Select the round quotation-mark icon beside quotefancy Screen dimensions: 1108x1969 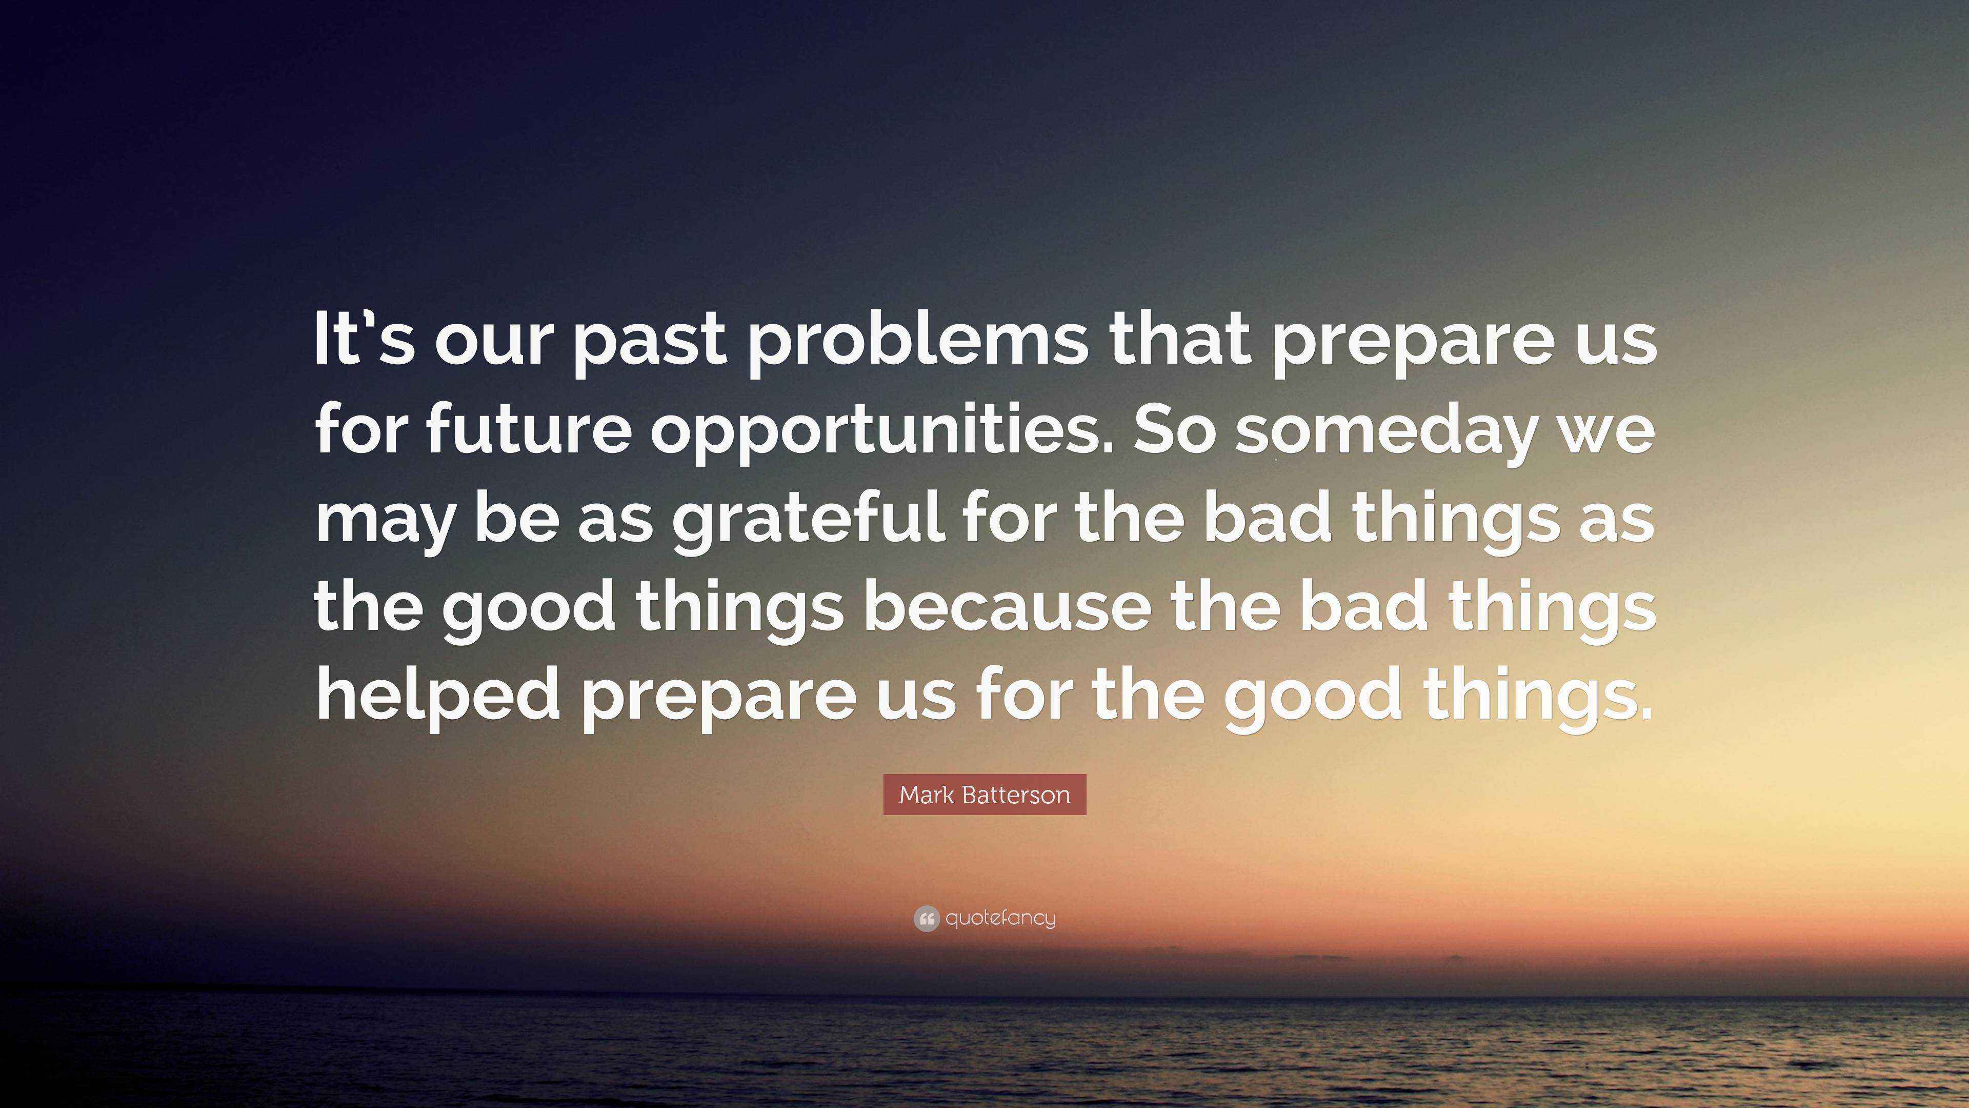[926, 918]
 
